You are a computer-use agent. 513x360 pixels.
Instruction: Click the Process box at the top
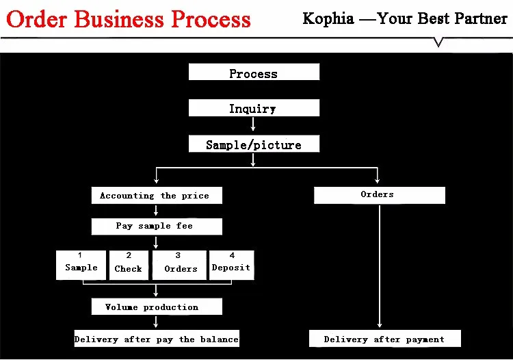254,73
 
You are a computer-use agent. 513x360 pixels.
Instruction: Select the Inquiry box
254,108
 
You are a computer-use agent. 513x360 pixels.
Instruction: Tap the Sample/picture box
254,144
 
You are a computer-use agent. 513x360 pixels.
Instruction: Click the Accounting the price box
157,196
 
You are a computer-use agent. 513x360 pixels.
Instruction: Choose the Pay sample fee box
157,227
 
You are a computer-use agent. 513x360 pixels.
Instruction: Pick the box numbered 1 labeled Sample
81,265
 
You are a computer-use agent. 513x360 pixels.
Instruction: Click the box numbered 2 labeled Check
129,265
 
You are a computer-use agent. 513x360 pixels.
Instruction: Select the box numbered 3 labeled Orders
179,265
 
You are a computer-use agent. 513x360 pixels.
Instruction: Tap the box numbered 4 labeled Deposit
231,265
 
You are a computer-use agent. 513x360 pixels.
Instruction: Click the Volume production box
157,307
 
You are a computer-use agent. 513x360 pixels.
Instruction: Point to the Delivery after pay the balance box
157,339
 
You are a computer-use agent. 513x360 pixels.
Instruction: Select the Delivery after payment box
384,339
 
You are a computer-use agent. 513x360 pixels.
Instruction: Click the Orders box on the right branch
379,196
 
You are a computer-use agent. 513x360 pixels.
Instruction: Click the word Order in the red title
36,18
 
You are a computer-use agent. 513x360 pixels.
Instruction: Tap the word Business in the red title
117,18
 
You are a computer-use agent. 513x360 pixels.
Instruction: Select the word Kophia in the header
328,18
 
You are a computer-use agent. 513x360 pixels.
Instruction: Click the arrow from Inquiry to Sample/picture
254,124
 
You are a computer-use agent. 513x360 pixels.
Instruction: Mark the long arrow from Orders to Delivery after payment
380,267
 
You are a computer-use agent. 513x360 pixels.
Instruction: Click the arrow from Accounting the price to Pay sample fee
157,211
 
